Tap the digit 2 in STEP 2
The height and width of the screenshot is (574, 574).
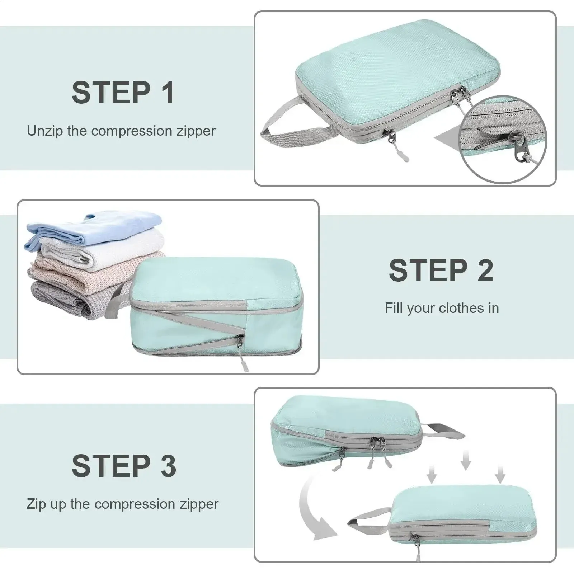pos(485,271)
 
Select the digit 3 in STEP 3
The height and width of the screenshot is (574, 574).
pos(168,466)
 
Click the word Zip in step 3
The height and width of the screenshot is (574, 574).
pos(36,504)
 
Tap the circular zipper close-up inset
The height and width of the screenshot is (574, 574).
pos(504,140)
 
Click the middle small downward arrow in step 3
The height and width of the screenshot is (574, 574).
pos(465,461)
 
